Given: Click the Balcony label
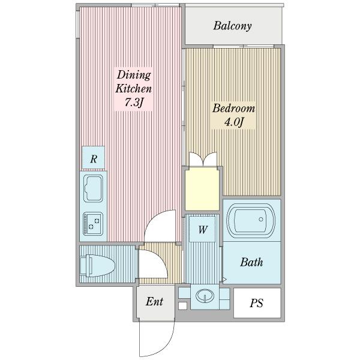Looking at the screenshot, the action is click(232, 26).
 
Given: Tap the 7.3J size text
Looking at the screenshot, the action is click(134, 103).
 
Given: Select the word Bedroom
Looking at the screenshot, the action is click(233, 109).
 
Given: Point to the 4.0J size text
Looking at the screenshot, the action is click(233, 122).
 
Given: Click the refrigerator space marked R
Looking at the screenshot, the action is click(94, 158).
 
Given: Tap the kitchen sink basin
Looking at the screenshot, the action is click(93, 188).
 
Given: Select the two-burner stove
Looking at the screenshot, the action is click(93, 224).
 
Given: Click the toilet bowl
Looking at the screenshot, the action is click(97, 265).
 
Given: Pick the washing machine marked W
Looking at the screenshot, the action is click(202, 229).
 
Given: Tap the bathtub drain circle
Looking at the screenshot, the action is click(261, 219).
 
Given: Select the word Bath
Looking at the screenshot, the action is click(251, 262).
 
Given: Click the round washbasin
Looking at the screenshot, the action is click(205, 295).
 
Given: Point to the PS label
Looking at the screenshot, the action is click(256, 303).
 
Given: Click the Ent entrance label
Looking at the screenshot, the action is click(154, 301).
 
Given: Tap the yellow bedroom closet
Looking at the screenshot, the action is click(202, 189).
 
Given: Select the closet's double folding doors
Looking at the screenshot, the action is click(203, 159).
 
